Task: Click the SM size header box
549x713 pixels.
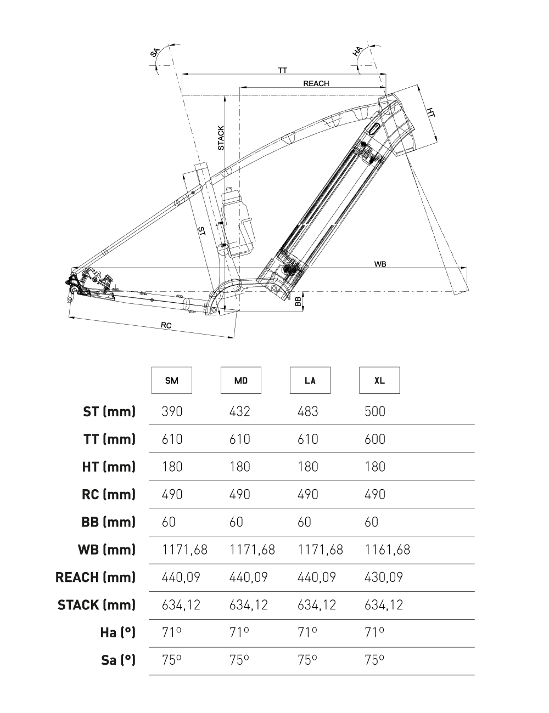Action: click(172, 380)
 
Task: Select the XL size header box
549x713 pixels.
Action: click(379, 380)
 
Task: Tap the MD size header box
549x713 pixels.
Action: click(241, 380)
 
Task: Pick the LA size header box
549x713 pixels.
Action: click(310, 380)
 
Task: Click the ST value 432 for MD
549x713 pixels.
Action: click(239, 411)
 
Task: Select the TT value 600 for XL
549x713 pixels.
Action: click(375, 439)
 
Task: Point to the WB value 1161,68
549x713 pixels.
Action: click(387, 550)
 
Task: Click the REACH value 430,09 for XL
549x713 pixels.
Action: click(384, 578)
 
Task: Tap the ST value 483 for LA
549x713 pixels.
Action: click(307, 411)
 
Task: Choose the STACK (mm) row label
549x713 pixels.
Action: click(97, 605)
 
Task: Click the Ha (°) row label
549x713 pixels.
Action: click(117, 633)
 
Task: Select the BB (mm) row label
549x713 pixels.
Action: click(108, 522)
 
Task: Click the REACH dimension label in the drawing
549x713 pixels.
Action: click(316, 83)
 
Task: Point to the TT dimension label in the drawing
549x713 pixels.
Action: click(283, 70)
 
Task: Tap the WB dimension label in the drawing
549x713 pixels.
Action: click(380, 264)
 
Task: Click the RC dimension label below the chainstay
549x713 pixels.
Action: click(166, 325)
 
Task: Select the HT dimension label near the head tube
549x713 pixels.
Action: click(431, 112)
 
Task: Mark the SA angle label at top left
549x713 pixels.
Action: click(155, 52)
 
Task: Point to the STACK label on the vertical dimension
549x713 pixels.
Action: click(221, 138)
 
